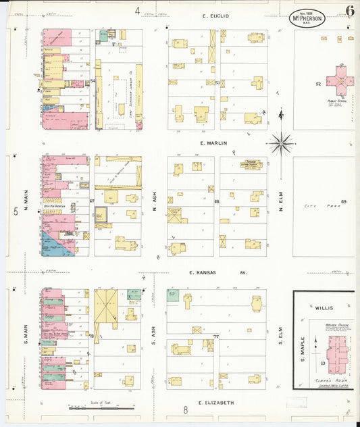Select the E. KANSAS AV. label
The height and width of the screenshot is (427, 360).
coord(217,273)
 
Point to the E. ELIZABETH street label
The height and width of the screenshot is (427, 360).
coord(216,402)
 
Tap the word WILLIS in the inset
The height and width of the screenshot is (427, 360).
coord(324,307)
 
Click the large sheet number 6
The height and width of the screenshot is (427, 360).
coord(349,11)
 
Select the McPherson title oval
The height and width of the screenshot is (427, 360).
coord(307,18)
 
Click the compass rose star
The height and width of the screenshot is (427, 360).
coord(281,143)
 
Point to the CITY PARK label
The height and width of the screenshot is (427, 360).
coord(315,205)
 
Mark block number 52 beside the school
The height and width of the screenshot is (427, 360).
coord(317,84)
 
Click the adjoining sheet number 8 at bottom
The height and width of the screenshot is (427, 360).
coord(184,409)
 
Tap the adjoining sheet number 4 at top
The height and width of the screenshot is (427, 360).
coord(137,11)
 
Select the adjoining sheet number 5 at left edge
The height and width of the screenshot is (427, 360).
coord(16,211)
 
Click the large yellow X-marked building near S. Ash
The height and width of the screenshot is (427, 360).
coord(105,305)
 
